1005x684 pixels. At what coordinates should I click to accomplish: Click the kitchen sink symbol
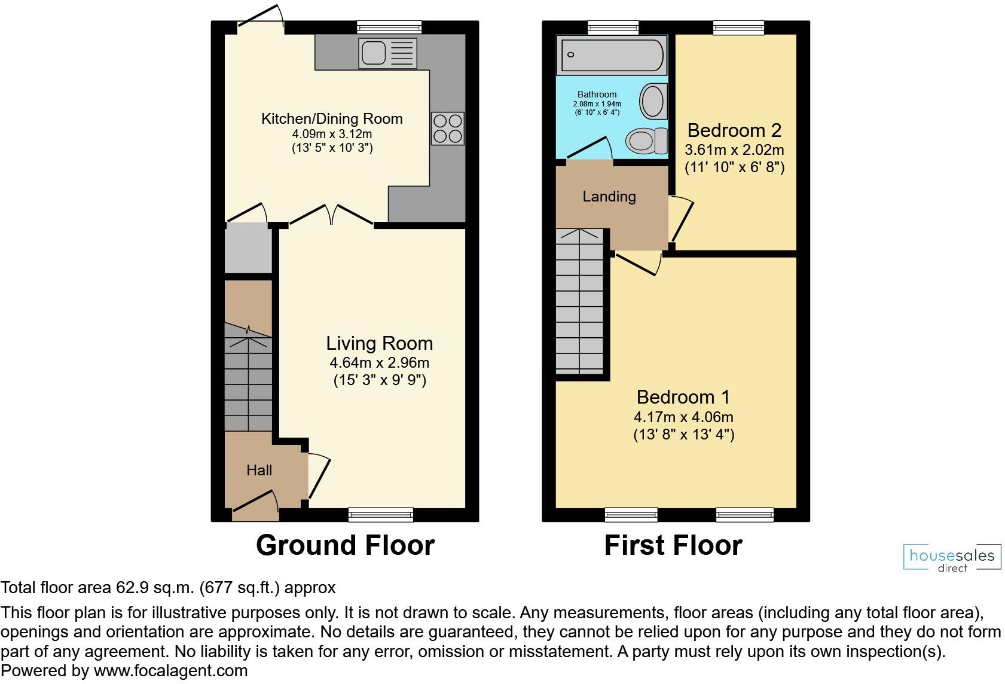(x=387, y=53)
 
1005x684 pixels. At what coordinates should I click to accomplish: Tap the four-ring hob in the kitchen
(x=448, y=128)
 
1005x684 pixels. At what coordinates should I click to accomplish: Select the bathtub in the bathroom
(x=610, y=54)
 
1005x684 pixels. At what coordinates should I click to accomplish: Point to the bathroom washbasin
(x=652, y=101)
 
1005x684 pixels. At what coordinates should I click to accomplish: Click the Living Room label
(x=379, y=343)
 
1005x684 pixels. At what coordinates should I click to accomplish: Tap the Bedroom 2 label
(x=734, y=130)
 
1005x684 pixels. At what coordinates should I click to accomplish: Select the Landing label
(x=609, y=196)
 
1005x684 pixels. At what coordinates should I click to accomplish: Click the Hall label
(x=259, y=470)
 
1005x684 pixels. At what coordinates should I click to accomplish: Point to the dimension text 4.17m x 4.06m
(x=683, y=417)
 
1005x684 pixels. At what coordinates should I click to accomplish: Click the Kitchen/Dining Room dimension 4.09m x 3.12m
(x=332, y=134)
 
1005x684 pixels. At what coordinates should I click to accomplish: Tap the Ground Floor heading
(x=345, y=545)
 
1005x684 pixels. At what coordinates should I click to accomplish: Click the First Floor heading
(x=673, y=545)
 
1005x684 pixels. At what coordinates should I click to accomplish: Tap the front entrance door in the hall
(x=255, y=502)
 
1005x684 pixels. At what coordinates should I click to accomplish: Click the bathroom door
(x=589, y=148)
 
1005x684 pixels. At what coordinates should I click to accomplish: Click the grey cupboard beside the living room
(x=248, y=248)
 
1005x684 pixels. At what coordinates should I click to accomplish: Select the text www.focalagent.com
(x=170, y=671)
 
